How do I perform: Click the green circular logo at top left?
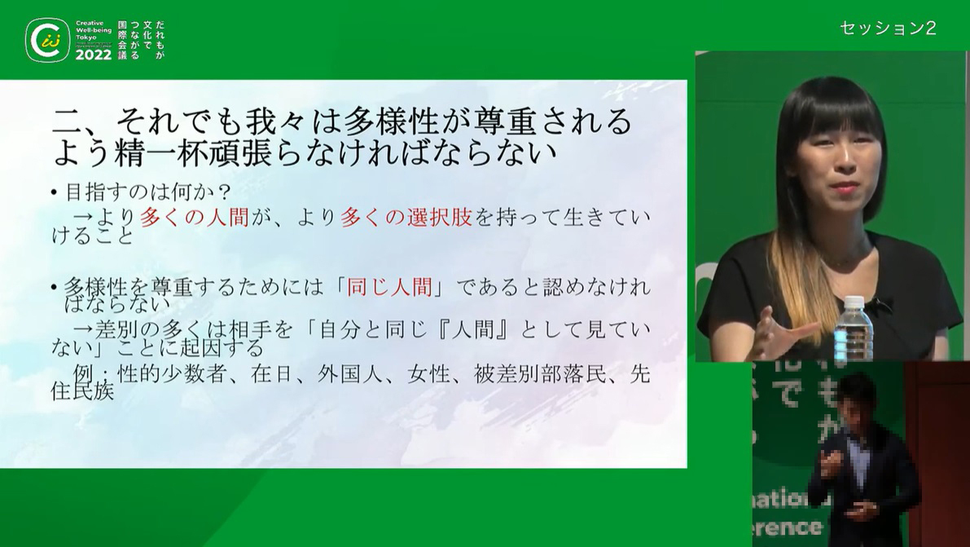pos(47,40)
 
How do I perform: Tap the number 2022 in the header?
pos(94,55)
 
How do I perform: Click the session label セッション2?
pos(888,28)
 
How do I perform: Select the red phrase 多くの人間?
pos(195,218)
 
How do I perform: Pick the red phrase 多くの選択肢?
pos(406,218)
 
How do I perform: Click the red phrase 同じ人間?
pos(388,288)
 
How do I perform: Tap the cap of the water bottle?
pos(854,302)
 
